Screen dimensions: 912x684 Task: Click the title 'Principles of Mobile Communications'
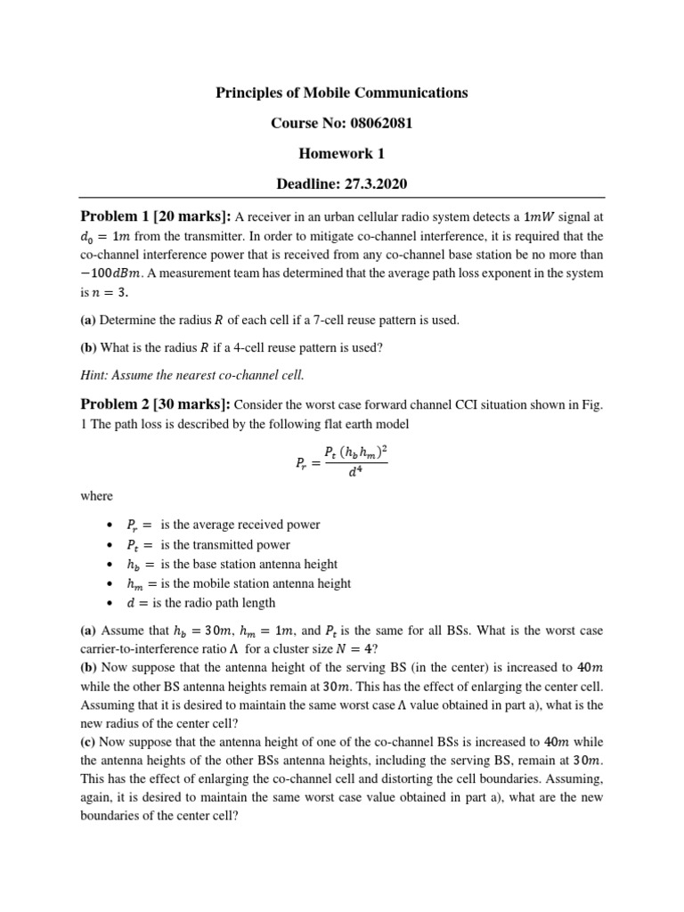pyautogui.click(x=342, y=93)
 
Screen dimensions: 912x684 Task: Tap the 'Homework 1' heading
pyautogui.click(x=342, y=153)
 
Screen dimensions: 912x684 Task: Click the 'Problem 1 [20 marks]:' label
pyautogui.click(x=157, y=216)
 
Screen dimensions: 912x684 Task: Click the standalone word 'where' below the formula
pyautogui.click(x=96, y=496)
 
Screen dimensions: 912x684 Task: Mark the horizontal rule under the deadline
pyautogui.click(x=342, y=198)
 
